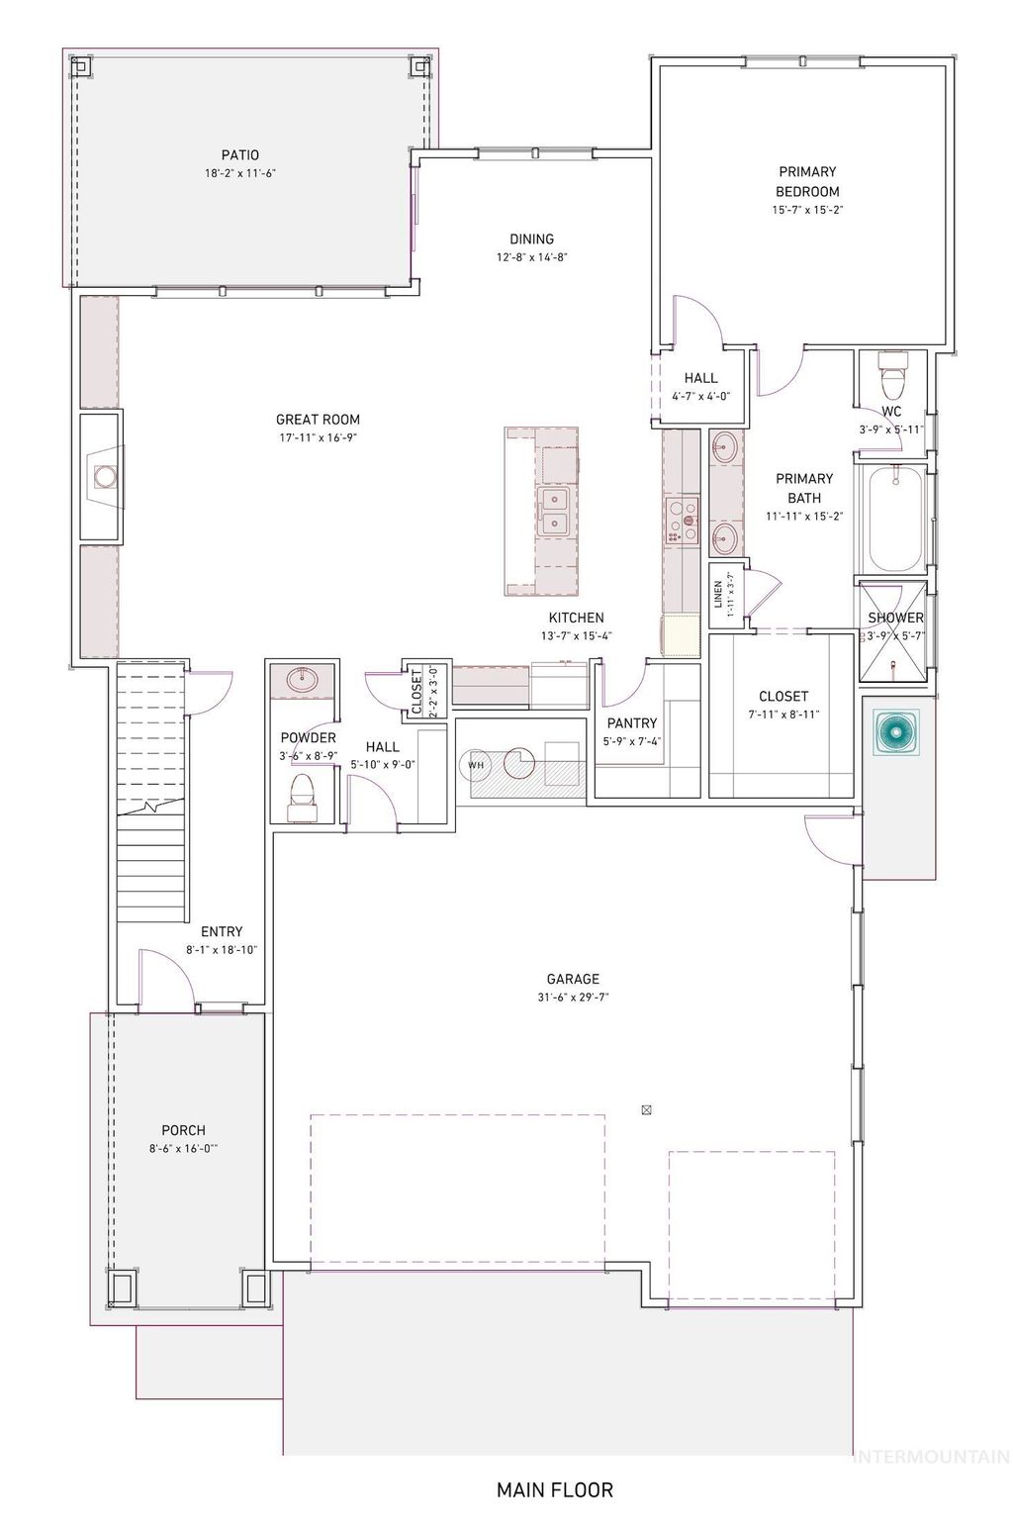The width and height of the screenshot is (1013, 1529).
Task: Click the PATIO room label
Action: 239,154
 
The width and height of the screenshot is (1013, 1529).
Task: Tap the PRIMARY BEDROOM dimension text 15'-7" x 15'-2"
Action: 807,210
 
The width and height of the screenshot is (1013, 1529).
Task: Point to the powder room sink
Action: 302,680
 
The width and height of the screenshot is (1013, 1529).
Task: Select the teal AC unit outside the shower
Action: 896,733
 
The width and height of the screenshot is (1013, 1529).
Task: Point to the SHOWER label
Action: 895,618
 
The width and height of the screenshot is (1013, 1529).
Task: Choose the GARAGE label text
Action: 573,980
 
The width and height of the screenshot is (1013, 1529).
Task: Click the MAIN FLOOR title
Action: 554,1489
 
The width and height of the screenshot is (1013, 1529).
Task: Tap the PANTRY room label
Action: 632,723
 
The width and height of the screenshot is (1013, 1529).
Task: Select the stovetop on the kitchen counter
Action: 682,519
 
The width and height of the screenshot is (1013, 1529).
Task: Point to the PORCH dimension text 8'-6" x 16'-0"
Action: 183,1149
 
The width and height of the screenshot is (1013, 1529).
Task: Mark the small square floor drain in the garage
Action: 646,1109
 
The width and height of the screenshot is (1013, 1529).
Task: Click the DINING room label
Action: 531,239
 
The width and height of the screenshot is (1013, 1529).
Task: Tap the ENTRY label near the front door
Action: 221,931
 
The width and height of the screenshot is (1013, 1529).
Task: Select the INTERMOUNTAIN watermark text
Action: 930,1456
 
